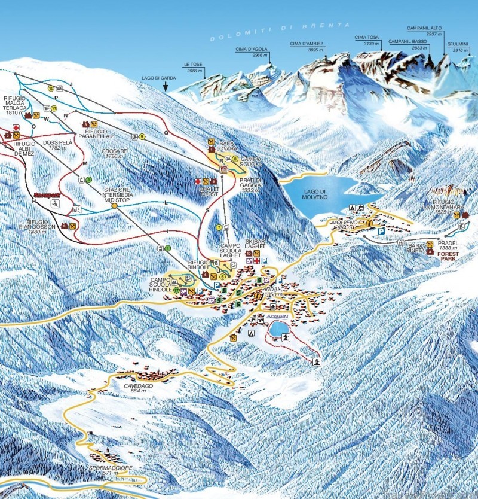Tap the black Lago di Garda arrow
click(x=165, y=86)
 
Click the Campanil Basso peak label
click(x=407, y=44)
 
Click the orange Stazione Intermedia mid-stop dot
click(x=114, y=206)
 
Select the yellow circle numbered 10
click(x=51, y=88)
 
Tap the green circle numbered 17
click(x=177, y=290)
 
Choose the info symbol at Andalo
click(x=256, y=294)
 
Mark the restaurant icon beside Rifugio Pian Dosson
click(x=72, y=226)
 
